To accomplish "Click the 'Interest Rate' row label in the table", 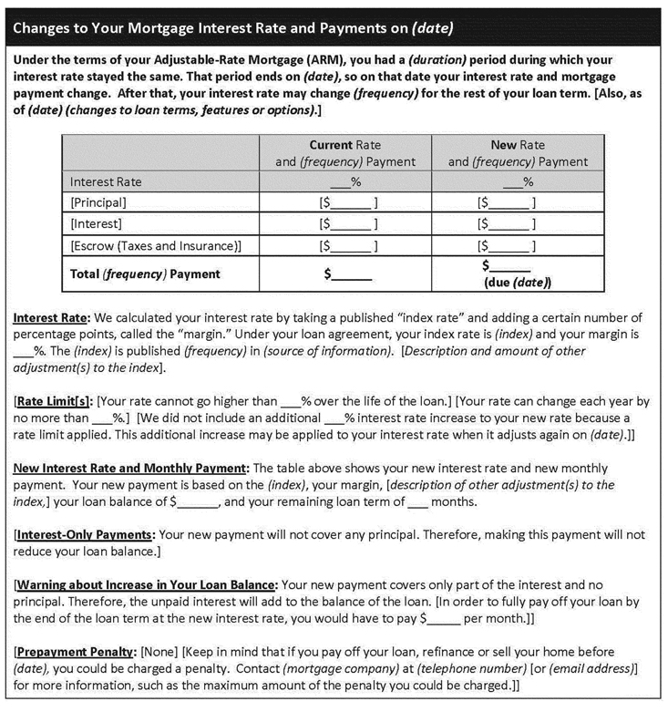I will (106, 181).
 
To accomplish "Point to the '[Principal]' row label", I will (98, 202).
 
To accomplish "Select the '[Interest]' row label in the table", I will (96, 223).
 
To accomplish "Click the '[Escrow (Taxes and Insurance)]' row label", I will (156, 245).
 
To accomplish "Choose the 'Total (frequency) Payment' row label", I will (145, 273).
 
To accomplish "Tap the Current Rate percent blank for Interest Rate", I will (345, 181).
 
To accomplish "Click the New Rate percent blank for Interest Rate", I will (517, 181).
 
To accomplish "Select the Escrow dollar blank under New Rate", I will (507, 245).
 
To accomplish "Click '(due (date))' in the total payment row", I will (517, 283).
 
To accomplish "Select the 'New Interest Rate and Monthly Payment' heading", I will (130, 468).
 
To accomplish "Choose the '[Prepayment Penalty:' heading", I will (72, 652).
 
